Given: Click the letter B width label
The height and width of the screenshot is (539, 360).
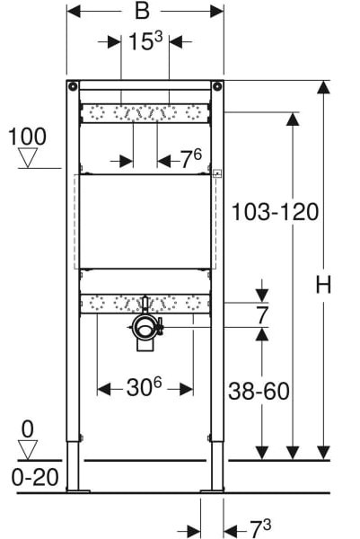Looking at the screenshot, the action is coord(142,11).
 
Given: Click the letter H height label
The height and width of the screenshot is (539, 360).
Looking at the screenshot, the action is coord(323,285).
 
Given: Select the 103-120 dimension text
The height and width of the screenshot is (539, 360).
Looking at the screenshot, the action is coord(275,212).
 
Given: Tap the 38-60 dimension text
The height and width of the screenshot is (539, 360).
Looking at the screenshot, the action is coord(259,391).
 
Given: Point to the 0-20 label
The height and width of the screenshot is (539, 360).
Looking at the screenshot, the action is coord(35,478).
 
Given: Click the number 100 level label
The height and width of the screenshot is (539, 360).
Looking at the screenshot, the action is coord(27,137).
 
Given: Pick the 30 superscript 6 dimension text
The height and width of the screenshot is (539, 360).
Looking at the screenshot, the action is coord(144,387).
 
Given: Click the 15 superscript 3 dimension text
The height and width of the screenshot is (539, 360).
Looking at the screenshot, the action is coord(145,41).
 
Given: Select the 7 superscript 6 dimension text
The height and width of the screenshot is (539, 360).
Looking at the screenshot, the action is coord(191,159).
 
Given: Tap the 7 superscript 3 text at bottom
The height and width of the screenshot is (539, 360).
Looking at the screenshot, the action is coord(260,528).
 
